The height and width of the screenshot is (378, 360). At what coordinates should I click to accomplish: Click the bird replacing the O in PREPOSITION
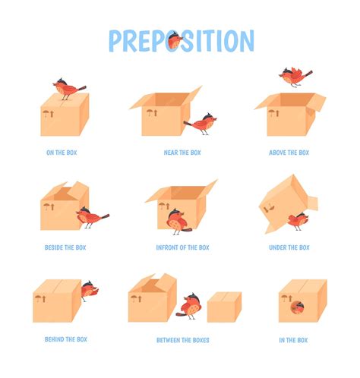coord(175,39)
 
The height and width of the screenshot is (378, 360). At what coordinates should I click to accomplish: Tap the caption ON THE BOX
coord(62,153)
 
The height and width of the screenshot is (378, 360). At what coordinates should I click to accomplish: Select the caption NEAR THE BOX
coord(182,153)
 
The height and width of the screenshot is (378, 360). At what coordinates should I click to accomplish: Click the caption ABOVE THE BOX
coord(289,153)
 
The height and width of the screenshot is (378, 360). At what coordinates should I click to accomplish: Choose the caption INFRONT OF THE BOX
coord(182,247)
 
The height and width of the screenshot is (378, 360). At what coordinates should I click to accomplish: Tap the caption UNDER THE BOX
coord(289,247)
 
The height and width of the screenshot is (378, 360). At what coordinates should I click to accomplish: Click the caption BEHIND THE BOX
coord(65,339)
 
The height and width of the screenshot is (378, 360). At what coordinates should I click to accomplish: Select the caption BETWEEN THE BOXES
coord(182,340)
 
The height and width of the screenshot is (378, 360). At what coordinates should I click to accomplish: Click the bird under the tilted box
coord(298,220)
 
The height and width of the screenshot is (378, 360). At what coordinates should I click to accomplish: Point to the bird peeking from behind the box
coord(88,290)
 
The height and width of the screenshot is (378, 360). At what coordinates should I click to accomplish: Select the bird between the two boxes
coord(191,304)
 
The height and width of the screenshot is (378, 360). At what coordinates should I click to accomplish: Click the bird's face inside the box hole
coord(296,306)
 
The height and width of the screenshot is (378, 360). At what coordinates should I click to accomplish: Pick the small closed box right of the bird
coord(224,307)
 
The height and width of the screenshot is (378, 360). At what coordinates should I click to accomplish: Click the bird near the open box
coord(202,122)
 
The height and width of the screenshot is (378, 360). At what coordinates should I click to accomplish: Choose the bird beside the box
coord(91,218)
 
